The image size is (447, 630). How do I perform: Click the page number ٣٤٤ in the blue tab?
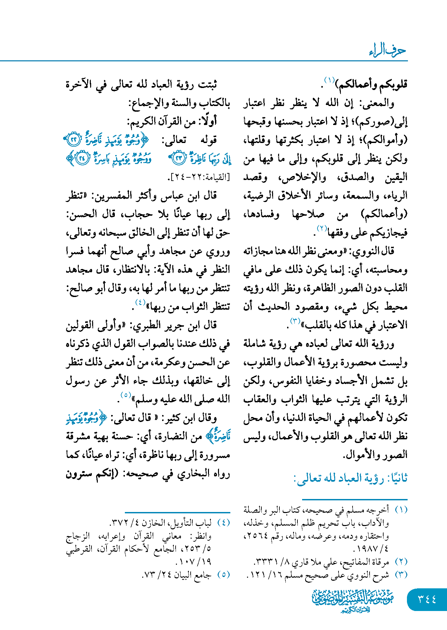pos(427,599)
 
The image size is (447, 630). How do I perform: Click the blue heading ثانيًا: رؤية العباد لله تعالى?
pos(351,478)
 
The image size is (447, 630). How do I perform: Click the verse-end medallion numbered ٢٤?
pos(82,158)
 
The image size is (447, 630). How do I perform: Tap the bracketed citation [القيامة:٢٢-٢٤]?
pos(199,177)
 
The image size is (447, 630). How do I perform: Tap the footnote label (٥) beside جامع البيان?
pos(223,575)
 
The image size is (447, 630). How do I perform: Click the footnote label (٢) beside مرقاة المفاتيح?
pos(401,562)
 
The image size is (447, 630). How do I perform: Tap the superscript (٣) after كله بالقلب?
pos(295,321)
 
